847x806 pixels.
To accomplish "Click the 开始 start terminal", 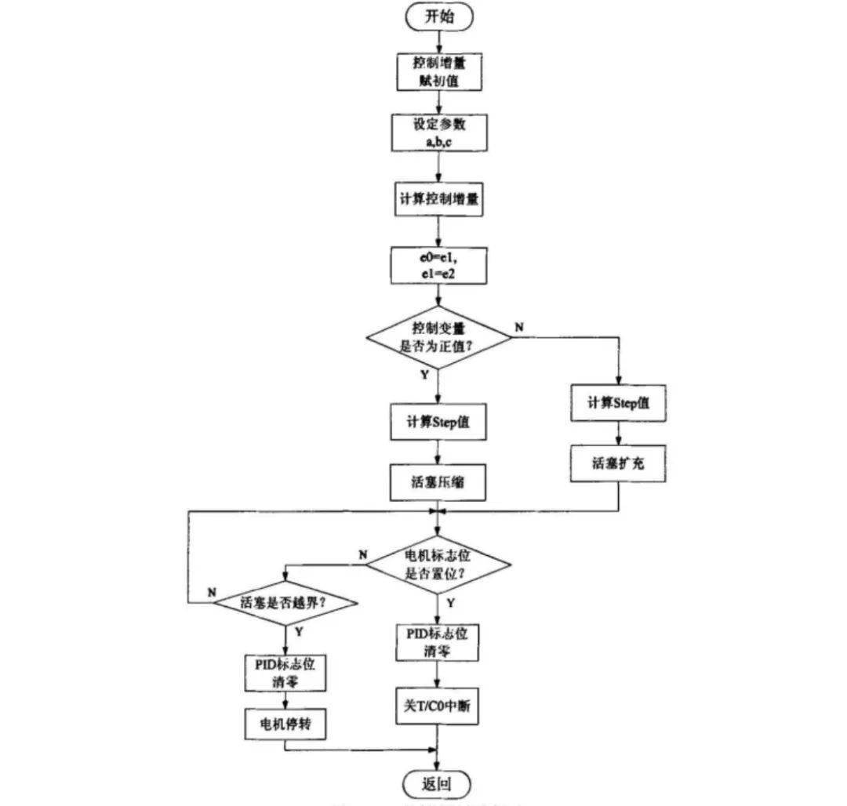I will [x=438, y=16].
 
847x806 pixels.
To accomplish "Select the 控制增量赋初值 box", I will [x=438, y=71].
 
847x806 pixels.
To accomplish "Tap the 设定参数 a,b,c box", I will [x=438, y=133].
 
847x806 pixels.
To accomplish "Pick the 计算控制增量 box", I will [x=438, y=201].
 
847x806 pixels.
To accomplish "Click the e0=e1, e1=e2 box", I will [x=438, y=266].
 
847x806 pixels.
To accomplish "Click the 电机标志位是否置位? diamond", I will [x=438, y=564].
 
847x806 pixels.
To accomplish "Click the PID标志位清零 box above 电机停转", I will [x=285, y=672].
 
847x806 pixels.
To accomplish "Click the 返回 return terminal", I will [x=438, y=783].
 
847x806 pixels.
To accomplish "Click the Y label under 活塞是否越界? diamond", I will [x=298, y=631].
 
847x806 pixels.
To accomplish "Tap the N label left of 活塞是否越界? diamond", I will [x=212, y=593].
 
